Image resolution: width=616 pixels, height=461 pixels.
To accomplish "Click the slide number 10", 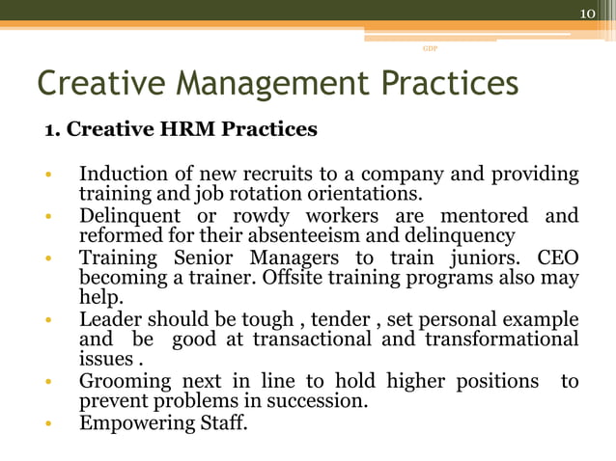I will point(587,13).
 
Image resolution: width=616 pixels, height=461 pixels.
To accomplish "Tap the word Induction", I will point(120,176).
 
